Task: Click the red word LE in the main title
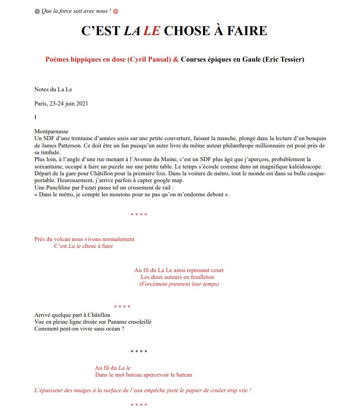tap(151, 31)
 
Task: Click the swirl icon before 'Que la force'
tap(37, 11)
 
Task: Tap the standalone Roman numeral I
tap(36, 117)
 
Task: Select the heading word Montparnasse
tap(51, 131)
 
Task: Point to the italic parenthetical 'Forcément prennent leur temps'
tap(179, 284)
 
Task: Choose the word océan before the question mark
tap(113, 329)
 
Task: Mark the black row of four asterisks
tap(139, 352)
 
